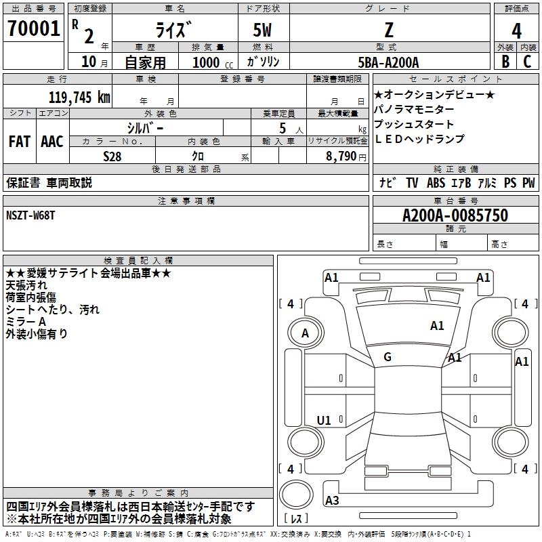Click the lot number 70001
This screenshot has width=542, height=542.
[33, 28]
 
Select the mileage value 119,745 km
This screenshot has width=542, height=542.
[79, 98]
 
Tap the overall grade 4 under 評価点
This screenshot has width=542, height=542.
[516, 31]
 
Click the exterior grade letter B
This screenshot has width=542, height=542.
[505, 62]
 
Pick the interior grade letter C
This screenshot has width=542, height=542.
[527, 62]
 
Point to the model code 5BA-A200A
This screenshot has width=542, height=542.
[388, 62]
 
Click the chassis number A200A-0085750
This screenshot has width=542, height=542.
[455, 215]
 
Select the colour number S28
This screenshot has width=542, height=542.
[112, 157]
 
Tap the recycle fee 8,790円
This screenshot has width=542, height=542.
[346, 157]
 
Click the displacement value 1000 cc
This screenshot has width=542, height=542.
[213, 62]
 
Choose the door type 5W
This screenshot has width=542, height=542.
[262, 30]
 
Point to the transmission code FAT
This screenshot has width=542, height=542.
[20, 142]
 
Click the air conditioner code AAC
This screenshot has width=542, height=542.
[52, 142]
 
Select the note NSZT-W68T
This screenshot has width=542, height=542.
[30, 215]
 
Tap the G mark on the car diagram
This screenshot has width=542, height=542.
[388, 357]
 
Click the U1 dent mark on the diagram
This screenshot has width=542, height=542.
[324, 420]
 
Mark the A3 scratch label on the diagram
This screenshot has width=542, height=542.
[332, 500]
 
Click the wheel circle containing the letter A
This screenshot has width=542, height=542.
[306, 333]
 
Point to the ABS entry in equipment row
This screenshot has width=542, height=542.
[436, 183]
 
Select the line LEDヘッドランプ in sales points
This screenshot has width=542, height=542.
[419, 139]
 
